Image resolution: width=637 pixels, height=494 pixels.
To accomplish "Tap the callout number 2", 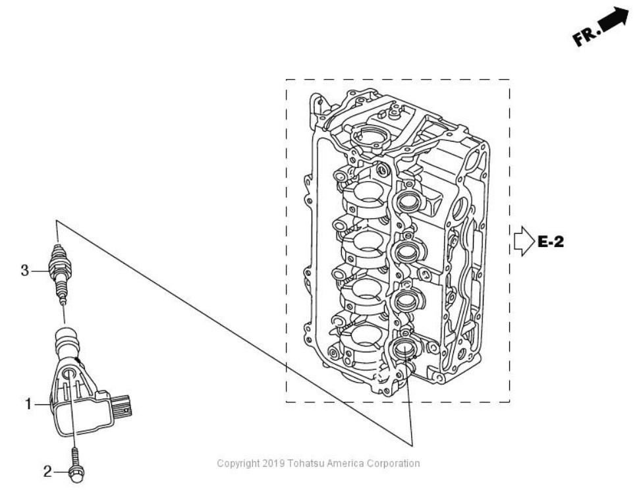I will (x=47, y=471).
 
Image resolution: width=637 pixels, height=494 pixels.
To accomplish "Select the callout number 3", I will (x=25, y=270).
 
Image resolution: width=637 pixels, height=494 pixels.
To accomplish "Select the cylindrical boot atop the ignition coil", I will (x=66, y=342).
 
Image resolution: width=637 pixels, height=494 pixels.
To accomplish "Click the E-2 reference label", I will (x=551, y=242).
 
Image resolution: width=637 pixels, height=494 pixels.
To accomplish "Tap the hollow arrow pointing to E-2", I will (x=522, y=242).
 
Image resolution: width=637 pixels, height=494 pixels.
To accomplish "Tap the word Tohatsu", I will (x=304, y=463).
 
